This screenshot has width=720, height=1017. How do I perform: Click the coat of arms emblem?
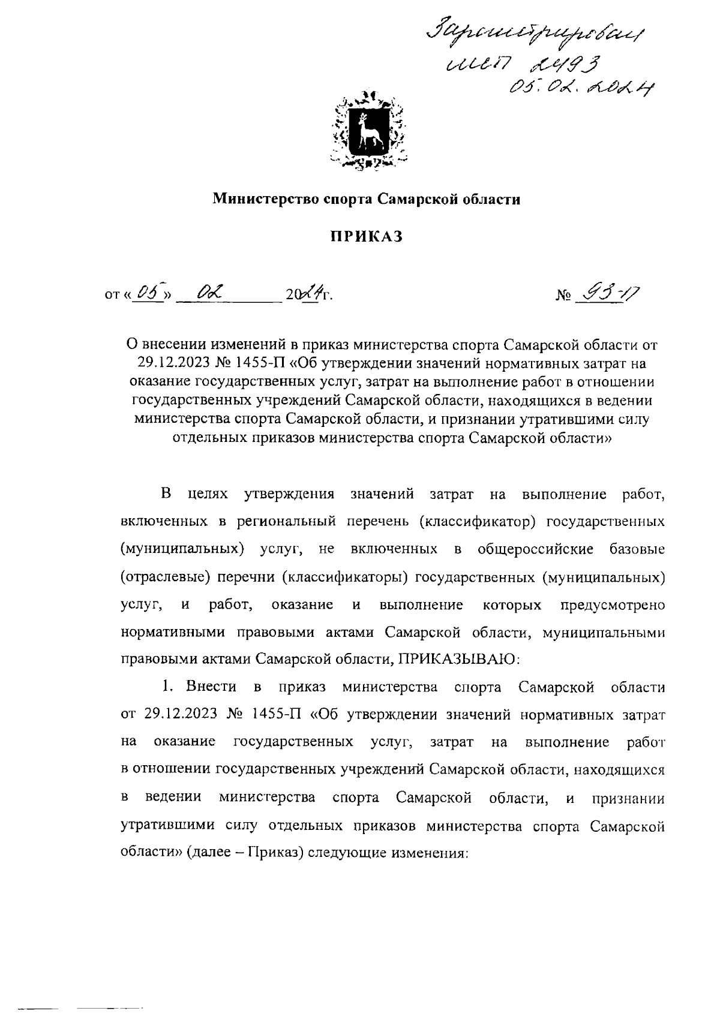(367, 130)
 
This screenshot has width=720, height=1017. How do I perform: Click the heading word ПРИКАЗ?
(367, 237)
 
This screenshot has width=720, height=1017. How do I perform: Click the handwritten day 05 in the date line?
(146, 294)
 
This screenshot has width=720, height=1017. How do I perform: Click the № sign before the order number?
(563, 296)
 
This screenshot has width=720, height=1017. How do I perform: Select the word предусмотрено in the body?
(612, 604)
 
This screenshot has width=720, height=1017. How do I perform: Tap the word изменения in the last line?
(427, 853)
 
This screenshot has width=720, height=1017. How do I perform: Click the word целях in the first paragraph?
(208, 494)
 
